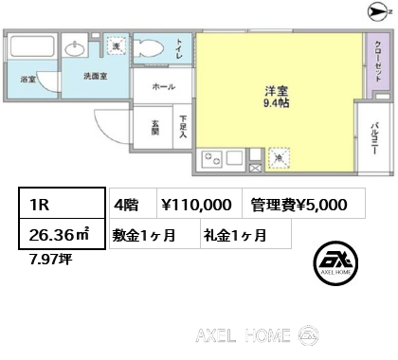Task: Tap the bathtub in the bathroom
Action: pyautogui.click(x=32, y=46)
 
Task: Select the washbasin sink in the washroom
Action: pyautogui.click(x=75, y=49)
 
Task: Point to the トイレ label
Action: pyautogui.click(x=179, y=49)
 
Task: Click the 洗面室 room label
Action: pyautogui.click(x=96, y=76)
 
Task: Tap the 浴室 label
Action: pyautogui.click(x=28, y=80)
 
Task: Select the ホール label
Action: pyautogui.click(x=163, y=86)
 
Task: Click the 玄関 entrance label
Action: pyautogui.click(x=154, y=128)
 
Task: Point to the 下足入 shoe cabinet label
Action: pyautogui.click(x=183, y=126)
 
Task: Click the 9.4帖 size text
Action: pyautogui.click(x=277, y=103)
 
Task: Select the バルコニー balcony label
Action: pyautogui.click(x=374, y=138)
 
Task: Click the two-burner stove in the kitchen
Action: pyautogui.click(x=212, y=158)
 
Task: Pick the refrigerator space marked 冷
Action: pyautogui.click(x=279, y=158)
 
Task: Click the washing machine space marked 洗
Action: pyautogui.click(x=117, y=45)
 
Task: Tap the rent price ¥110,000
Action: pyautogui.click(x=196, y=205)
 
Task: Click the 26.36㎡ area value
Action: pyautogui.click(x=59, y=235)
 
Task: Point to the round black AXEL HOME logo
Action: pyautogui.click(x=335, y=263)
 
